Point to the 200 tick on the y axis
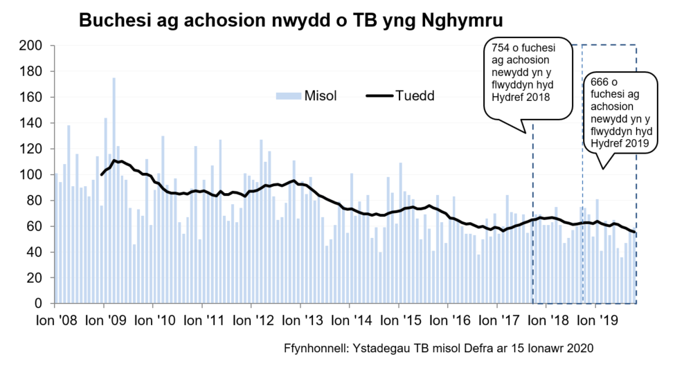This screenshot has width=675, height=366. pyautogui.click(x=33, y=46)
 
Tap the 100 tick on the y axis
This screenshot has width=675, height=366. pyautogui.click(x=33, y=175)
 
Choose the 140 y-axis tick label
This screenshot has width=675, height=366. pyautogui.click(x=33, y=123)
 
